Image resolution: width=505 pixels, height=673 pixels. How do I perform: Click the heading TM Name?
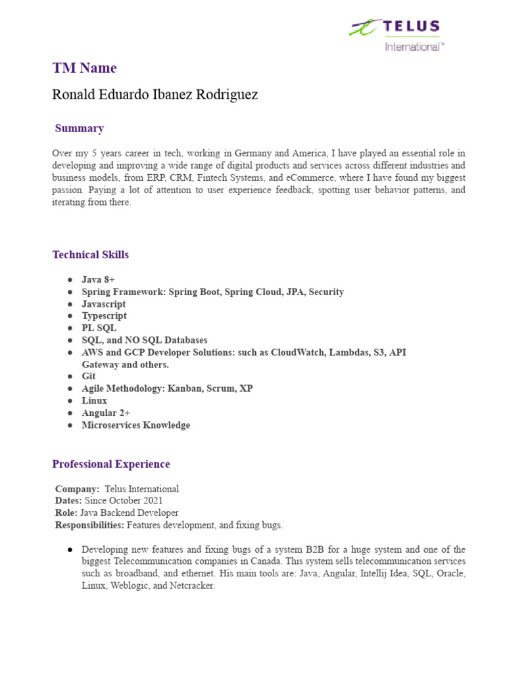[84, 68]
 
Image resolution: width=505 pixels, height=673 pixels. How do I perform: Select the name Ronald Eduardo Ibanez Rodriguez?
[155, 95]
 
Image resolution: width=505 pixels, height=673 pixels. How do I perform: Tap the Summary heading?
[79, 128]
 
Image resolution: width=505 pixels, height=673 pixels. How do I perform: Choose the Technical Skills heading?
[91, 254]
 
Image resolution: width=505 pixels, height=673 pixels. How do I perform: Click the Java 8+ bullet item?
[98, 279]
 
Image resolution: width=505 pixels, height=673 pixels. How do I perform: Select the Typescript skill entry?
[104, 315]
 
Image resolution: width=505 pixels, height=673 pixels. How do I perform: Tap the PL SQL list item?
[99, 328]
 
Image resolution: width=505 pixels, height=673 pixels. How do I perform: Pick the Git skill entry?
[89, 376]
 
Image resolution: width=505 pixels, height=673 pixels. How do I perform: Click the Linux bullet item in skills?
[94, 400]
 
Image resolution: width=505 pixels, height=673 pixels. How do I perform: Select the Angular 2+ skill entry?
[106, 413]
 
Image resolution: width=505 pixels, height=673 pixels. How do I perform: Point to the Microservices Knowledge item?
[135, 425]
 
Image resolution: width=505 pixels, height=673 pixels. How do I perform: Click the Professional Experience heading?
[111, 464]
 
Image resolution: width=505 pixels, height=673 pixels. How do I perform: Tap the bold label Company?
[77, 489]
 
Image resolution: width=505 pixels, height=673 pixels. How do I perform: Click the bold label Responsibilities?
[89, 525]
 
